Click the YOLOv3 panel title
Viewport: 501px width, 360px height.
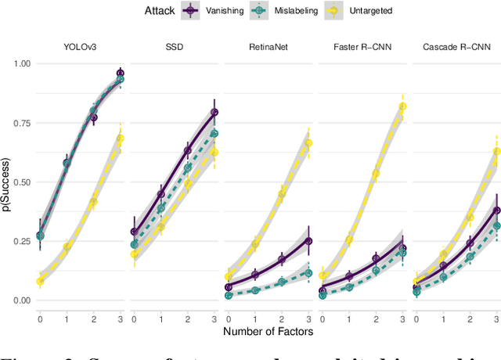point(80,47)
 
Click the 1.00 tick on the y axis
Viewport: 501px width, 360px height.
point(21,63)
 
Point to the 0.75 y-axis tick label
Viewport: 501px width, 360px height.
point(21,123)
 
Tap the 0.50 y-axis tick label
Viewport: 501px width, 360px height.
point(21,182)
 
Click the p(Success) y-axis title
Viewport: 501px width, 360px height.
point(7,182)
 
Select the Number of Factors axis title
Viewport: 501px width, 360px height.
point(269,332)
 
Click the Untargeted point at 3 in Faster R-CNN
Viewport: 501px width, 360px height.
point(403,106)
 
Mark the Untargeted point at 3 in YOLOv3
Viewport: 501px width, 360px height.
point(121,139)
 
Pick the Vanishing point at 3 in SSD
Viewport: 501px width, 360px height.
point(214,112)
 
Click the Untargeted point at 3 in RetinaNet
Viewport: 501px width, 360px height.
point(308,143)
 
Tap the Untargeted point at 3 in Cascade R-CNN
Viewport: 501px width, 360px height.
point(496,152)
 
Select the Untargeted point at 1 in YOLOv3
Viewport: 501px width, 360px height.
point(67,247)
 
